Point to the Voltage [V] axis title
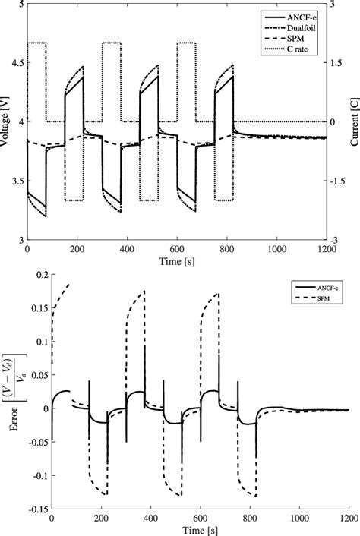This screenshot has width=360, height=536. [6, 122]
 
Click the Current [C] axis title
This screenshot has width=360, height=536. [353, 122]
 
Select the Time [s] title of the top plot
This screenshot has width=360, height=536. [176, 260]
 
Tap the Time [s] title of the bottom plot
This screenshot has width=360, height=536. [200, 530]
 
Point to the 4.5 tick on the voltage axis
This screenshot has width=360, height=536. [17, 63]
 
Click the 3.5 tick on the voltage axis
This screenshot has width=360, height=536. [17, 181]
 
